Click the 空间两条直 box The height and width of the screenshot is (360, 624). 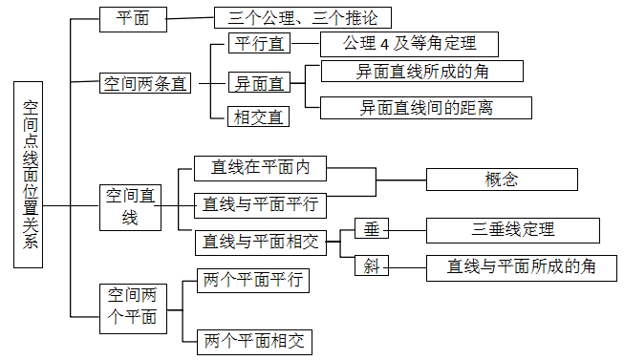coord(145,83)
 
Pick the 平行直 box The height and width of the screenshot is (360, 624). coord(259,44)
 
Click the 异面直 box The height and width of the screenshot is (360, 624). coord(259,83)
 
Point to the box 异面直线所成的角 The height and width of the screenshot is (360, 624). coord(424,72)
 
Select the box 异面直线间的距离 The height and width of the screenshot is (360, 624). coord(424,107)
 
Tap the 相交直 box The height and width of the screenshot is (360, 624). coord(259,117)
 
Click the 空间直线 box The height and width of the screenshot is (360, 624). coord(128,206)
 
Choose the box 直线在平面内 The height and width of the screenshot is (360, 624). coord(260,168)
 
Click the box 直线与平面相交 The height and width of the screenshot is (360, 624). coord(260,243)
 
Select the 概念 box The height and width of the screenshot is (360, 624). coord(501,180)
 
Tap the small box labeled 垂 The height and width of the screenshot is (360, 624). coord(372,229)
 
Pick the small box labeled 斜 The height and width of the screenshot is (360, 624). coord(372,266)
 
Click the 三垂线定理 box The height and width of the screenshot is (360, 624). coord(512,230)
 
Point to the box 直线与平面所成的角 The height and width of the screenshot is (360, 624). coord(520,266)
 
